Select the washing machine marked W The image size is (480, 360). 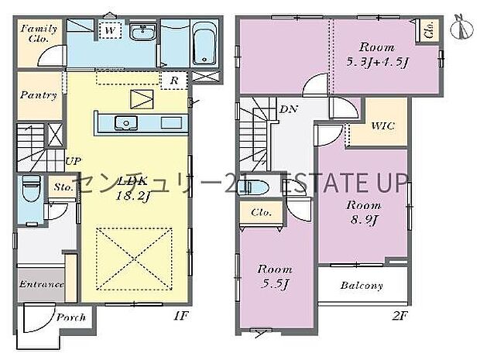[111, 31]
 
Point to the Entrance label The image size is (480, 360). [40, 284]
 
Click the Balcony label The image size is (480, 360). [362, 286]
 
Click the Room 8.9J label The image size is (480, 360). [362, 212]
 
